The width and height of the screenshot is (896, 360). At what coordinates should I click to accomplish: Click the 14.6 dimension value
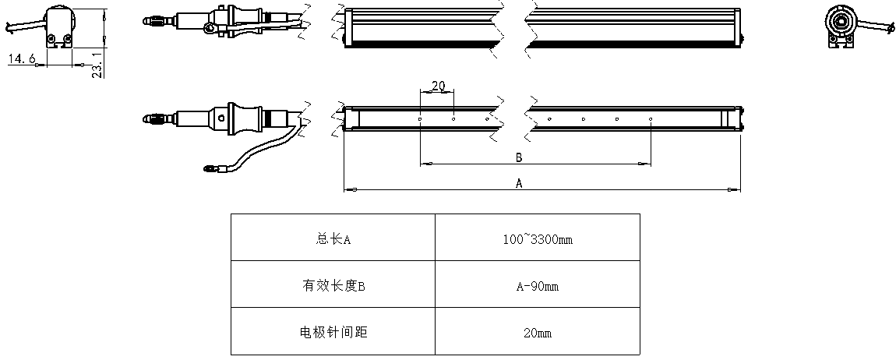pyautogui.click(x=21, y=58)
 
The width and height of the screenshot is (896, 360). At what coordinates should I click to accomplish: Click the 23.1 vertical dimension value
pyautogui.click(x=97, y=64)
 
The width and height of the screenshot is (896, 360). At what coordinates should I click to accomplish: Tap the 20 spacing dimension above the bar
pyautogui.click(x=438, y=86)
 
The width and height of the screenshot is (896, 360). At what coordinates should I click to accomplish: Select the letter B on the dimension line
pyautogui.click(x=519, y=157)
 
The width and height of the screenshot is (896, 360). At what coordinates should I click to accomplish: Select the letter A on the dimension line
pyautogui.click(x=519, y=183)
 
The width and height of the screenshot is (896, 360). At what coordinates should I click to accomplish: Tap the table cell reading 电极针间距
pyautogui.click(x=333, y=332)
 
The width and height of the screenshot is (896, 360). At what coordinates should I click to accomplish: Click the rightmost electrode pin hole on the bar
pyautogui.click(x=651, y=119)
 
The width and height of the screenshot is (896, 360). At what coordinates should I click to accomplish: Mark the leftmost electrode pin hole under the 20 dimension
pyautogui.click(x=420, y=119)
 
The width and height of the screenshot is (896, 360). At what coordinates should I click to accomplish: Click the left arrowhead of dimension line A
pyautogui.click(x=351, y=189)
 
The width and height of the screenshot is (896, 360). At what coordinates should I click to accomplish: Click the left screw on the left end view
pyautogui.click(x=52, y=39)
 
